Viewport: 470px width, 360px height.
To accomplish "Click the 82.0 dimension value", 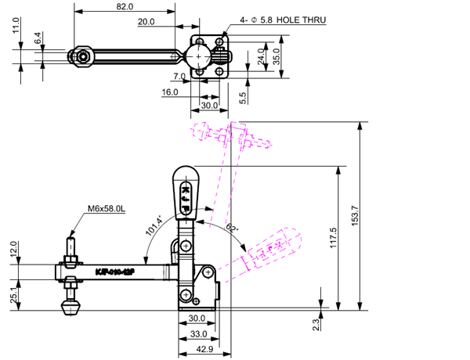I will point(125,6).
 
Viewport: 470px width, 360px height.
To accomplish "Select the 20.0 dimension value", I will point(146,22).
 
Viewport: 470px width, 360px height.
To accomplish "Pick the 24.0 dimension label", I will point(261,57).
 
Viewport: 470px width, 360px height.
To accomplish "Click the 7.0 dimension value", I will point(178,77).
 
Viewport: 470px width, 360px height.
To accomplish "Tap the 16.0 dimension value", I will point(170,92).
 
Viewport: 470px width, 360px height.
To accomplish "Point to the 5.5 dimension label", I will point(243,98).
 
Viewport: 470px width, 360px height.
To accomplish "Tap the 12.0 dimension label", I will point(13,248).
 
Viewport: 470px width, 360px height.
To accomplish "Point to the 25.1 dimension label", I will point(13,295).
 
